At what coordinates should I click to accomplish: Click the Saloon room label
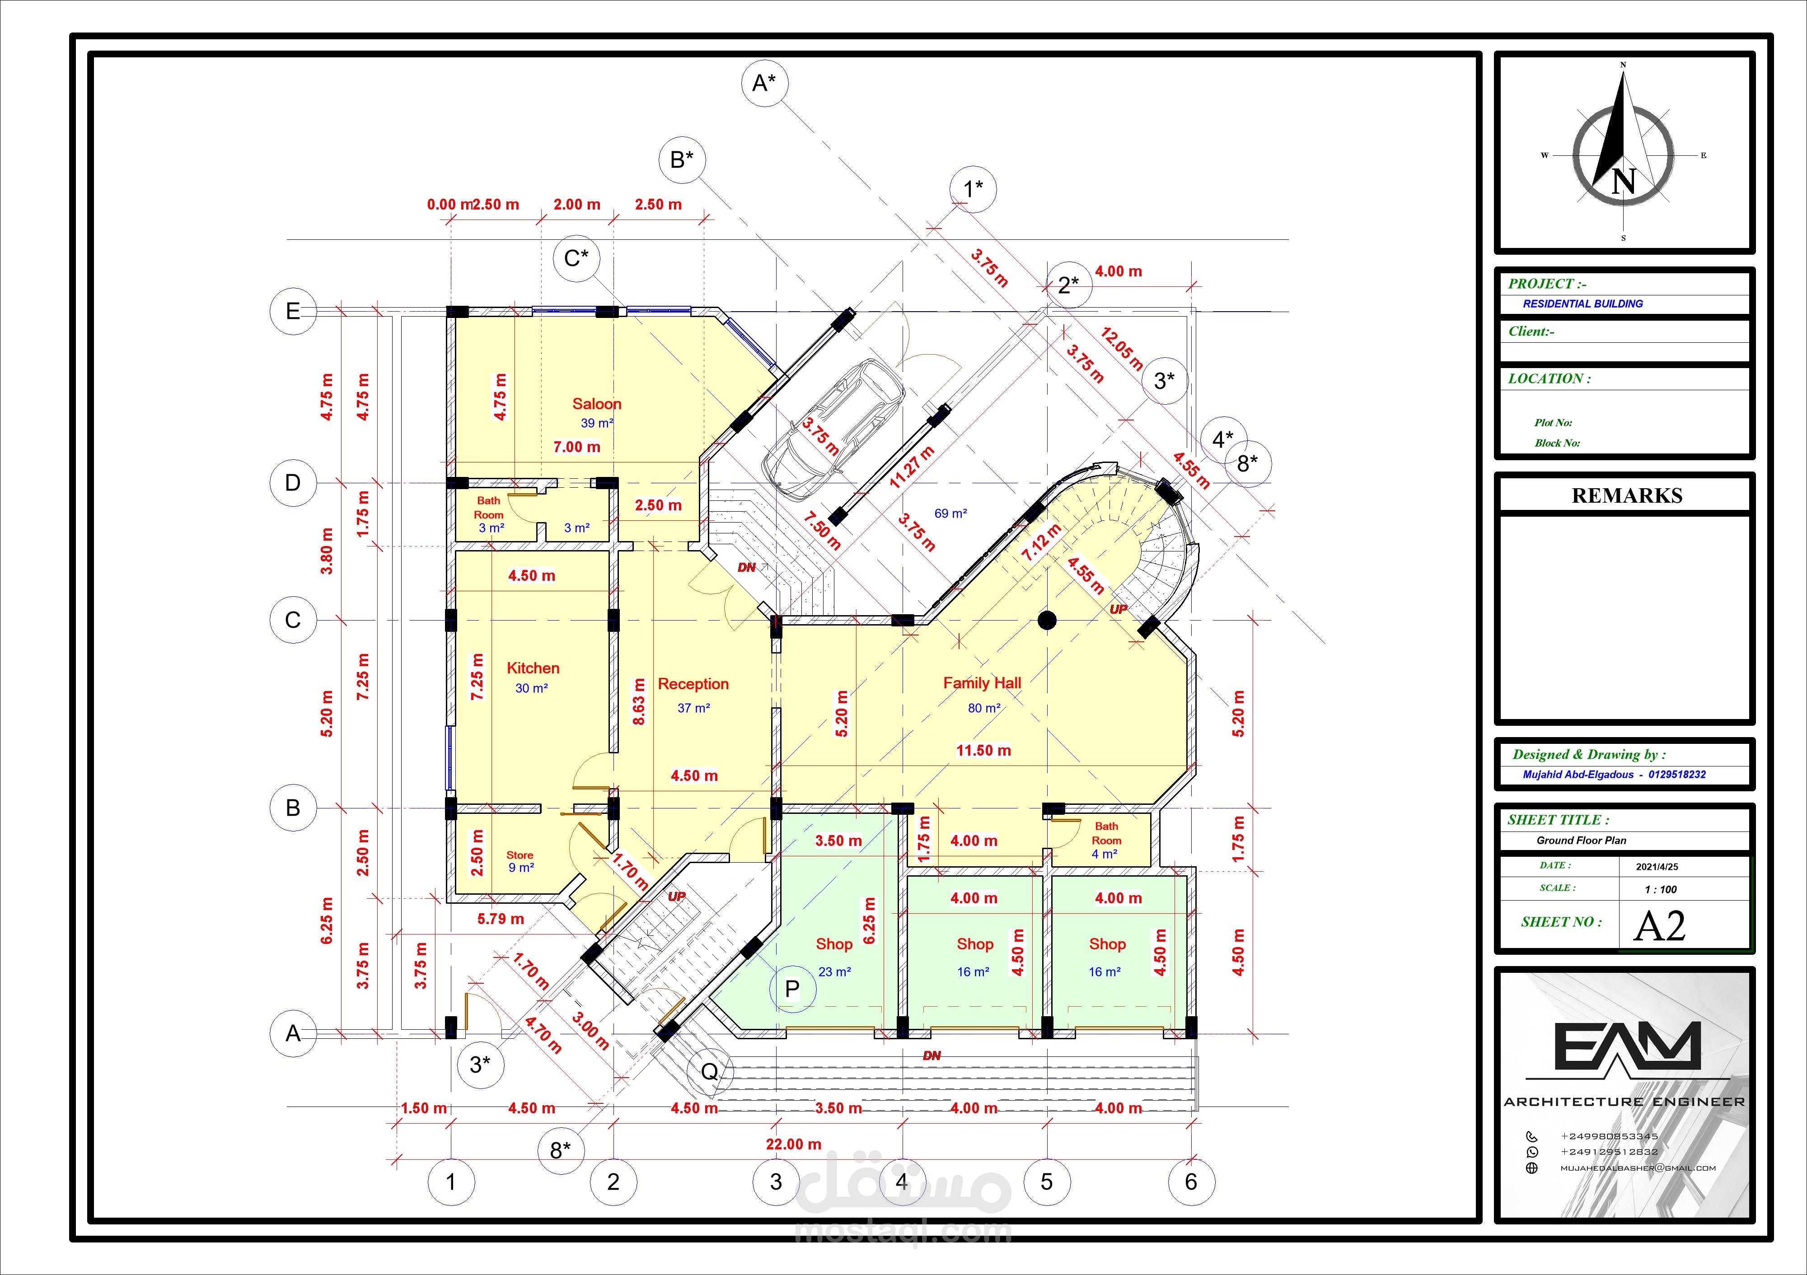click(x=597, y=404)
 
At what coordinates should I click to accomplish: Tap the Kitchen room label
click(x=533, y=668)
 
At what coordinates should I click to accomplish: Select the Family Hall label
click(x=982, y=683)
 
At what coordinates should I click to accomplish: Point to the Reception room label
click(x=693, y=684)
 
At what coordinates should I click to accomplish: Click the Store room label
click(x=520, y=855)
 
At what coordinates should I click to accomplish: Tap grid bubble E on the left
click(x=293, y=312)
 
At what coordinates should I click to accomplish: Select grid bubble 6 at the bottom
click(x=1191, y=1182)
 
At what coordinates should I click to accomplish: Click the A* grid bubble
click(x=764, y=83)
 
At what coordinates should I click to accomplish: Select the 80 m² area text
click(x=984, y=708)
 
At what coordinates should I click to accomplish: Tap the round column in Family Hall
click(x=1047, y=620)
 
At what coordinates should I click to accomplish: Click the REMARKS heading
click(x=1627, y=496)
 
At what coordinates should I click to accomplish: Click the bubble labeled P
click(x=792, y=989)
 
